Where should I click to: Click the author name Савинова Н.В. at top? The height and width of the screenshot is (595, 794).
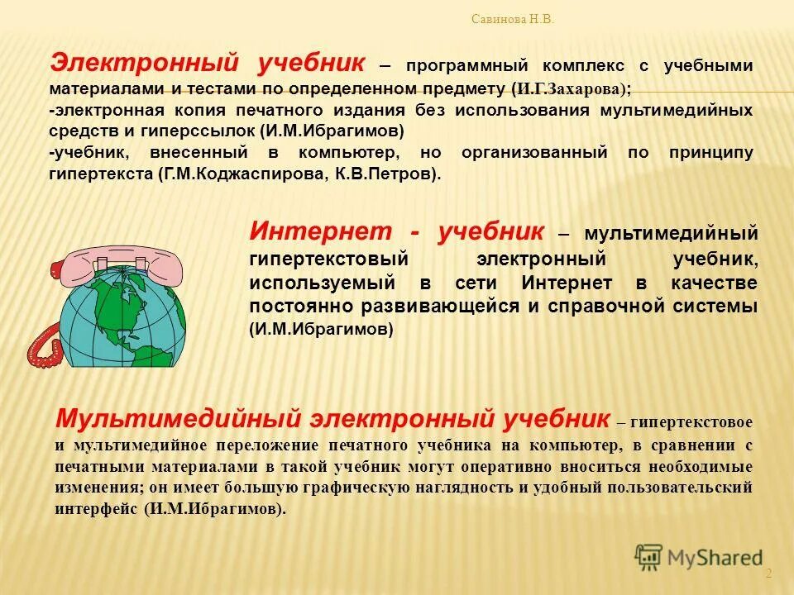click(512, 19)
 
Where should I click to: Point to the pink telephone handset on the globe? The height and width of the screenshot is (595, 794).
click(116, 258)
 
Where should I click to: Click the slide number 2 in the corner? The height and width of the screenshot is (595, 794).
click(768, 574)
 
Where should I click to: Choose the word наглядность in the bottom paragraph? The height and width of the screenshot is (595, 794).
click(467, 488)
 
